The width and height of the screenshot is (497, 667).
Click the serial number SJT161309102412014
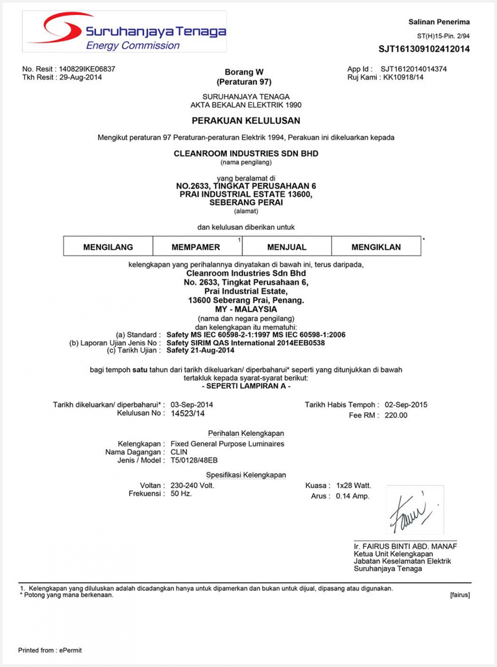tap(424, 49)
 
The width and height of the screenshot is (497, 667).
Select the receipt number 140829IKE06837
tap(87, 69)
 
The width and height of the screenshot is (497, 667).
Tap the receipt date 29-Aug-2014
tap(80, 77)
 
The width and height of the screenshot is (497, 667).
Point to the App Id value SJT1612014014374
tap(413, 69)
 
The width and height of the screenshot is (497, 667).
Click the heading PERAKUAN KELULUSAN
tap(246, 121)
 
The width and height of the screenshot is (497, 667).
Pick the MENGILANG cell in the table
tap(108, 247)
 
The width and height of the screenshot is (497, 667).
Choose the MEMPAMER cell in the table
tap(196, 247)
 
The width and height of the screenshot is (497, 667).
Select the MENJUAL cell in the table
tap(287, 247)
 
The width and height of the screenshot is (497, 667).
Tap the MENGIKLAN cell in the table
tap(376, 247)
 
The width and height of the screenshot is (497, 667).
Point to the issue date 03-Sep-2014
tap(192, 405)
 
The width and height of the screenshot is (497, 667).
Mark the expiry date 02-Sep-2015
tap(406, 405)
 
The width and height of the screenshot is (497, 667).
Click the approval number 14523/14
tap(188, 413)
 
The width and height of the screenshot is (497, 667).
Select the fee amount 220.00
tap(396, 415)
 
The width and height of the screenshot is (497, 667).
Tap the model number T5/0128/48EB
tap(194, 460)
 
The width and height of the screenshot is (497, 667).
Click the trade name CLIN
tap(179, 452)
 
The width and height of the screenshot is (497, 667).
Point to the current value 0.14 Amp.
tap(352, 496)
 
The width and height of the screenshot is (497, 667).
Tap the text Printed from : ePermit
tap(50, 650)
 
